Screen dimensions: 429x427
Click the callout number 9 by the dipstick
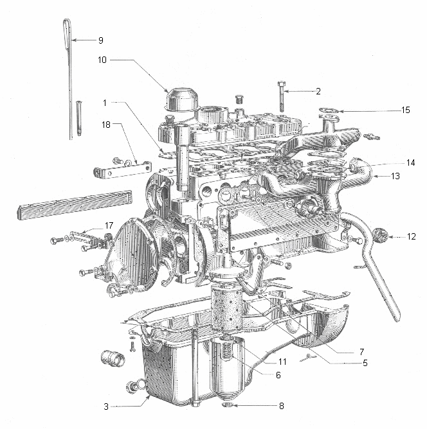point(100,40)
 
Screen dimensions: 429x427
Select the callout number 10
point(102,60)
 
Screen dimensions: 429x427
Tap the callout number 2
point(318,91)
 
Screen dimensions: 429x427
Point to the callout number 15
point(405,110)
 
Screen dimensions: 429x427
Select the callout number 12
point(411,236)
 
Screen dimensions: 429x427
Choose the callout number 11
point(282,362)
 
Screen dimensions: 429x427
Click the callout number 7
point(362,352)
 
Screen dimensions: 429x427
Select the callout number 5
point(365,363)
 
